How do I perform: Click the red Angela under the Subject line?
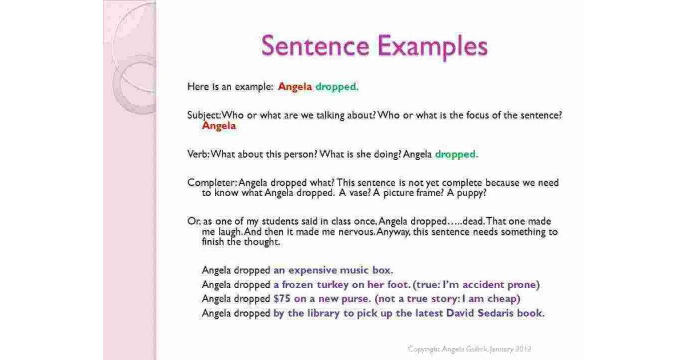(219, 126)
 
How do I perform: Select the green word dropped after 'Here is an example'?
(337, 87)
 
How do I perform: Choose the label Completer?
(212, 183)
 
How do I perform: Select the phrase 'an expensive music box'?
(333, 270)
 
